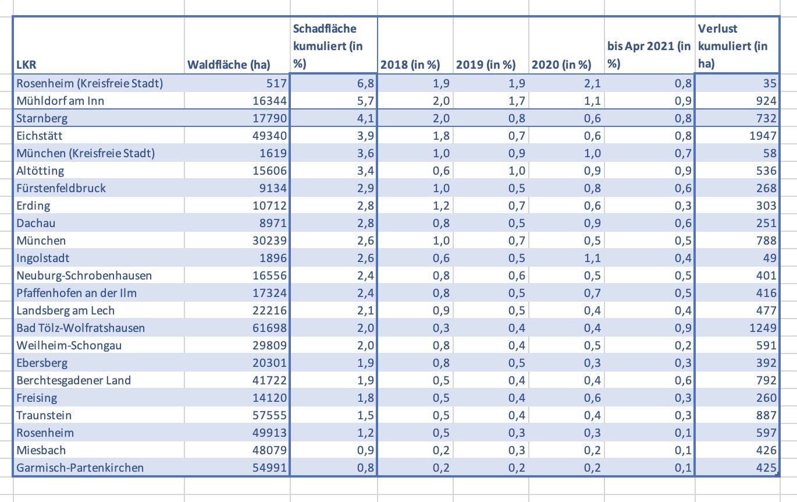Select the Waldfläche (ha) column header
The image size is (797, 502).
[x=229, y=65]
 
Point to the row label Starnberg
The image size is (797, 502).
[x=42, y=118]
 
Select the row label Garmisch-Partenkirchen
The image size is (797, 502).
[x=80, y=468]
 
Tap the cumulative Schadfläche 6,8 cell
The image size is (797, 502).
[x=359, y=83]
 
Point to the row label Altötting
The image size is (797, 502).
[x=40, y=171]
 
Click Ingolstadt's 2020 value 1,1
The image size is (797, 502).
[x=591, y=258]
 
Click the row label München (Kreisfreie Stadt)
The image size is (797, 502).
[x=86, y=153]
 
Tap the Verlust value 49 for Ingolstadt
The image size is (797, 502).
[x=769, y=258]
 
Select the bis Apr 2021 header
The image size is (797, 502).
[x=648, y=55]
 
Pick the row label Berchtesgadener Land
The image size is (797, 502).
[x=73, y=380]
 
